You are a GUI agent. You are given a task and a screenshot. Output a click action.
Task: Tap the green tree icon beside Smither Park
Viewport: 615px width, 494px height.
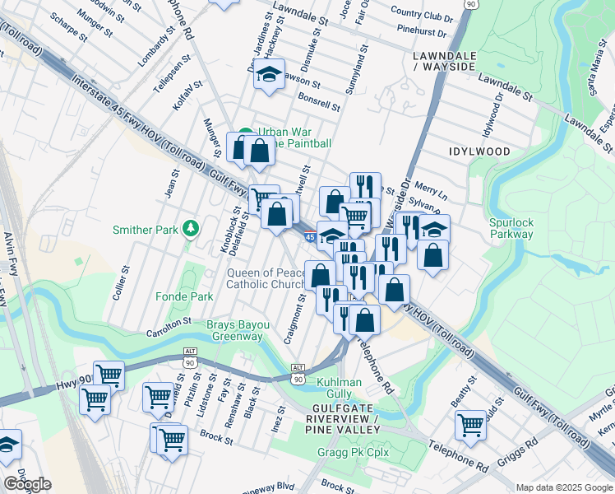(192, 227)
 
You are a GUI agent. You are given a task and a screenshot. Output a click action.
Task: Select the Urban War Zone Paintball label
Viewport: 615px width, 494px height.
(294, 137)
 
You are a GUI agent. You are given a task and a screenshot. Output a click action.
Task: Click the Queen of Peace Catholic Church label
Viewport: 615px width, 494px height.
(266, 278)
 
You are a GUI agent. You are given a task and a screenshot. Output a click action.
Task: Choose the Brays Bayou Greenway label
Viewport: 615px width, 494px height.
(238, 330)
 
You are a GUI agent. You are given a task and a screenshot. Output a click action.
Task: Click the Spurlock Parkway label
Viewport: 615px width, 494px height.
(511, 228)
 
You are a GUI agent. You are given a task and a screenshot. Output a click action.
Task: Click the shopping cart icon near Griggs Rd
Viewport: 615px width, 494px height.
(470, 425)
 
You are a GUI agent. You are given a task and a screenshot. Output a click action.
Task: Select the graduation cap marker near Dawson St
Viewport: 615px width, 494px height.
(269, 74)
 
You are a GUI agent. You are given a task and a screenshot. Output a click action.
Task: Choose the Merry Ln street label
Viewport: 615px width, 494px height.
(431, 192)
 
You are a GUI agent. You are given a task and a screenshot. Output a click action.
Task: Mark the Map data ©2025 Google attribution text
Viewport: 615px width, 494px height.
(563, 487)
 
